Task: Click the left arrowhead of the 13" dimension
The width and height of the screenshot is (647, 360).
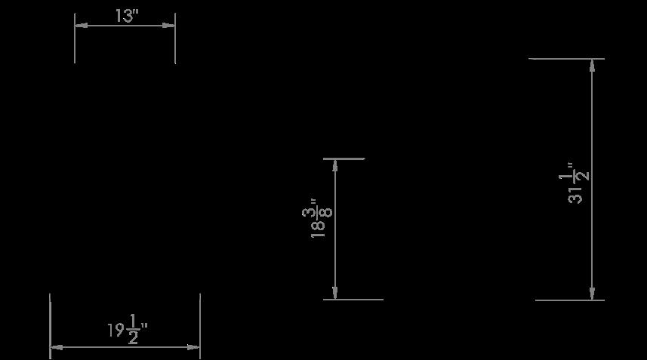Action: [x=80, y=25]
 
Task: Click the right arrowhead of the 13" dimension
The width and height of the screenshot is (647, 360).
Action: [x=170, y=25]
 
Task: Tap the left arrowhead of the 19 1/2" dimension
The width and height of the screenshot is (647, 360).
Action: [x=56, y=347]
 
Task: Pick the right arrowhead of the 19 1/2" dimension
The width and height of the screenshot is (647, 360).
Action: [x=194, y=347]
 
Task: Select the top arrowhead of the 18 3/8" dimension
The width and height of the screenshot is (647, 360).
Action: [x=335, y=165]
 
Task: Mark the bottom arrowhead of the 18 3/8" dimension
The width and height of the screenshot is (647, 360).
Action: [x=335, y=294]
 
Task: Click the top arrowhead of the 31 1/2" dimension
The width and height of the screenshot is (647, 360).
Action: [x=593, y=64]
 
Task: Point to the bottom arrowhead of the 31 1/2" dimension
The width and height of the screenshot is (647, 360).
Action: [x=593, y=294]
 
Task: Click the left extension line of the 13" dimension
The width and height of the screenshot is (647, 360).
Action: [x=75, y=45]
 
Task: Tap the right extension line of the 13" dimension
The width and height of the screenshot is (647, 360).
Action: [x=175, y=45]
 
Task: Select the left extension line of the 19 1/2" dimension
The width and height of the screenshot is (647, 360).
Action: [x=50, y=317]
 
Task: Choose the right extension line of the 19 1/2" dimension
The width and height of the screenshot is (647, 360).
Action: [x=200, y=317]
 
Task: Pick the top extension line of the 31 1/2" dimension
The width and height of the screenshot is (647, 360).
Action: [x=566, y=58]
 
